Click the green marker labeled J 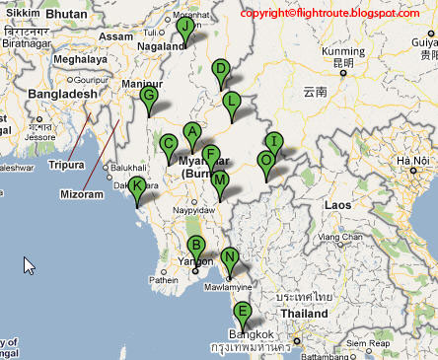184,28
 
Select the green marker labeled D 221,69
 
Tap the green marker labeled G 149,96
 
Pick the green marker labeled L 232,101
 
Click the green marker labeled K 138,186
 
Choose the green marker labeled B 195,246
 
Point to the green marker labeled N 230,258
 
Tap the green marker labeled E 242,314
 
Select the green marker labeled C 169,144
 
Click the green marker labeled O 265,160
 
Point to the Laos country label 337,204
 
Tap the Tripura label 67,166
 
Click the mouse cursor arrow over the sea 29,265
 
